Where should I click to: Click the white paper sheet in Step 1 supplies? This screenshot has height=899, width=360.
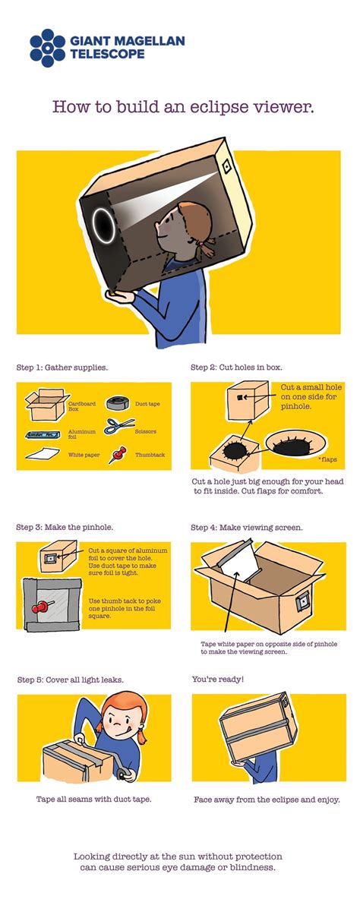click(42, 455)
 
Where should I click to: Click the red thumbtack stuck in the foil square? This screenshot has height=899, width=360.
click(43, 608)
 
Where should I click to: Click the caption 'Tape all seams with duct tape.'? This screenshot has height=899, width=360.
click(93, 799)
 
